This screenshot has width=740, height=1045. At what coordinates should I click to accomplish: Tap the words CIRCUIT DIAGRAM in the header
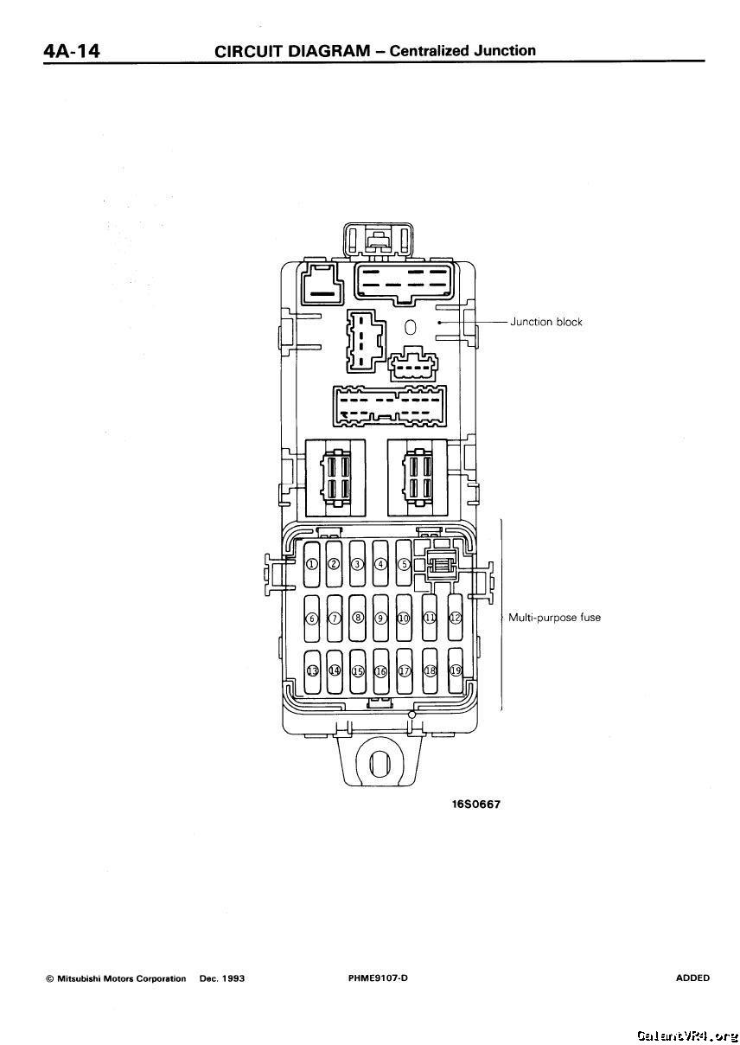(291, 51)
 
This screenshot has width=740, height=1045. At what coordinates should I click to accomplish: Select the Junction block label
(545, 322)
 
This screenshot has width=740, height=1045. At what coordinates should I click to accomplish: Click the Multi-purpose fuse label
(554, 618)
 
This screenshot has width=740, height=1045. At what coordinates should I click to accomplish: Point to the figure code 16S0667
(475, 805)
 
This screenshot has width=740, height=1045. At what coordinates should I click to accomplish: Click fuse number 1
(312, 565)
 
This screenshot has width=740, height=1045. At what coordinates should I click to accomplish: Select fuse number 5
(403, 565)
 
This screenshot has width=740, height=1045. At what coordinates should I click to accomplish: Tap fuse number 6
(312, 619)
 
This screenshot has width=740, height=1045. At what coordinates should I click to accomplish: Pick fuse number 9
(380, 619)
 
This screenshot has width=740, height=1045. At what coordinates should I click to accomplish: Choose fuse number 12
(455, 619)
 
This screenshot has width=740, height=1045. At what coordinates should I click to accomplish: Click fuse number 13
(312, 671)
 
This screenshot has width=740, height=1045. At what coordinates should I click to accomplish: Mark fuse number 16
(380, 671)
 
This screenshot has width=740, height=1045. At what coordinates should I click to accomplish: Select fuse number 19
(455, 671)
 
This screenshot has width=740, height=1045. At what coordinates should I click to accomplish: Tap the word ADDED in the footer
(692, 978)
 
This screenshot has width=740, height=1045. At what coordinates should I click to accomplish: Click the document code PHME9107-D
(377, 978)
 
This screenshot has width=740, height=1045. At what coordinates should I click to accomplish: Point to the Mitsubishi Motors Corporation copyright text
(116, 979)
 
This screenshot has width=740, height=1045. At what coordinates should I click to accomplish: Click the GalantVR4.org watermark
(686, 1035)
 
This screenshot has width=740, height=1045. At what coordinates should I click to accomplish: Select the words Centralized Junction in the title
(462, 50)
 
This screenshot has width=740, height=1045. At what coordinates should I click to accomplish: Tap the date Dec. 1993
(222, 979)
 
